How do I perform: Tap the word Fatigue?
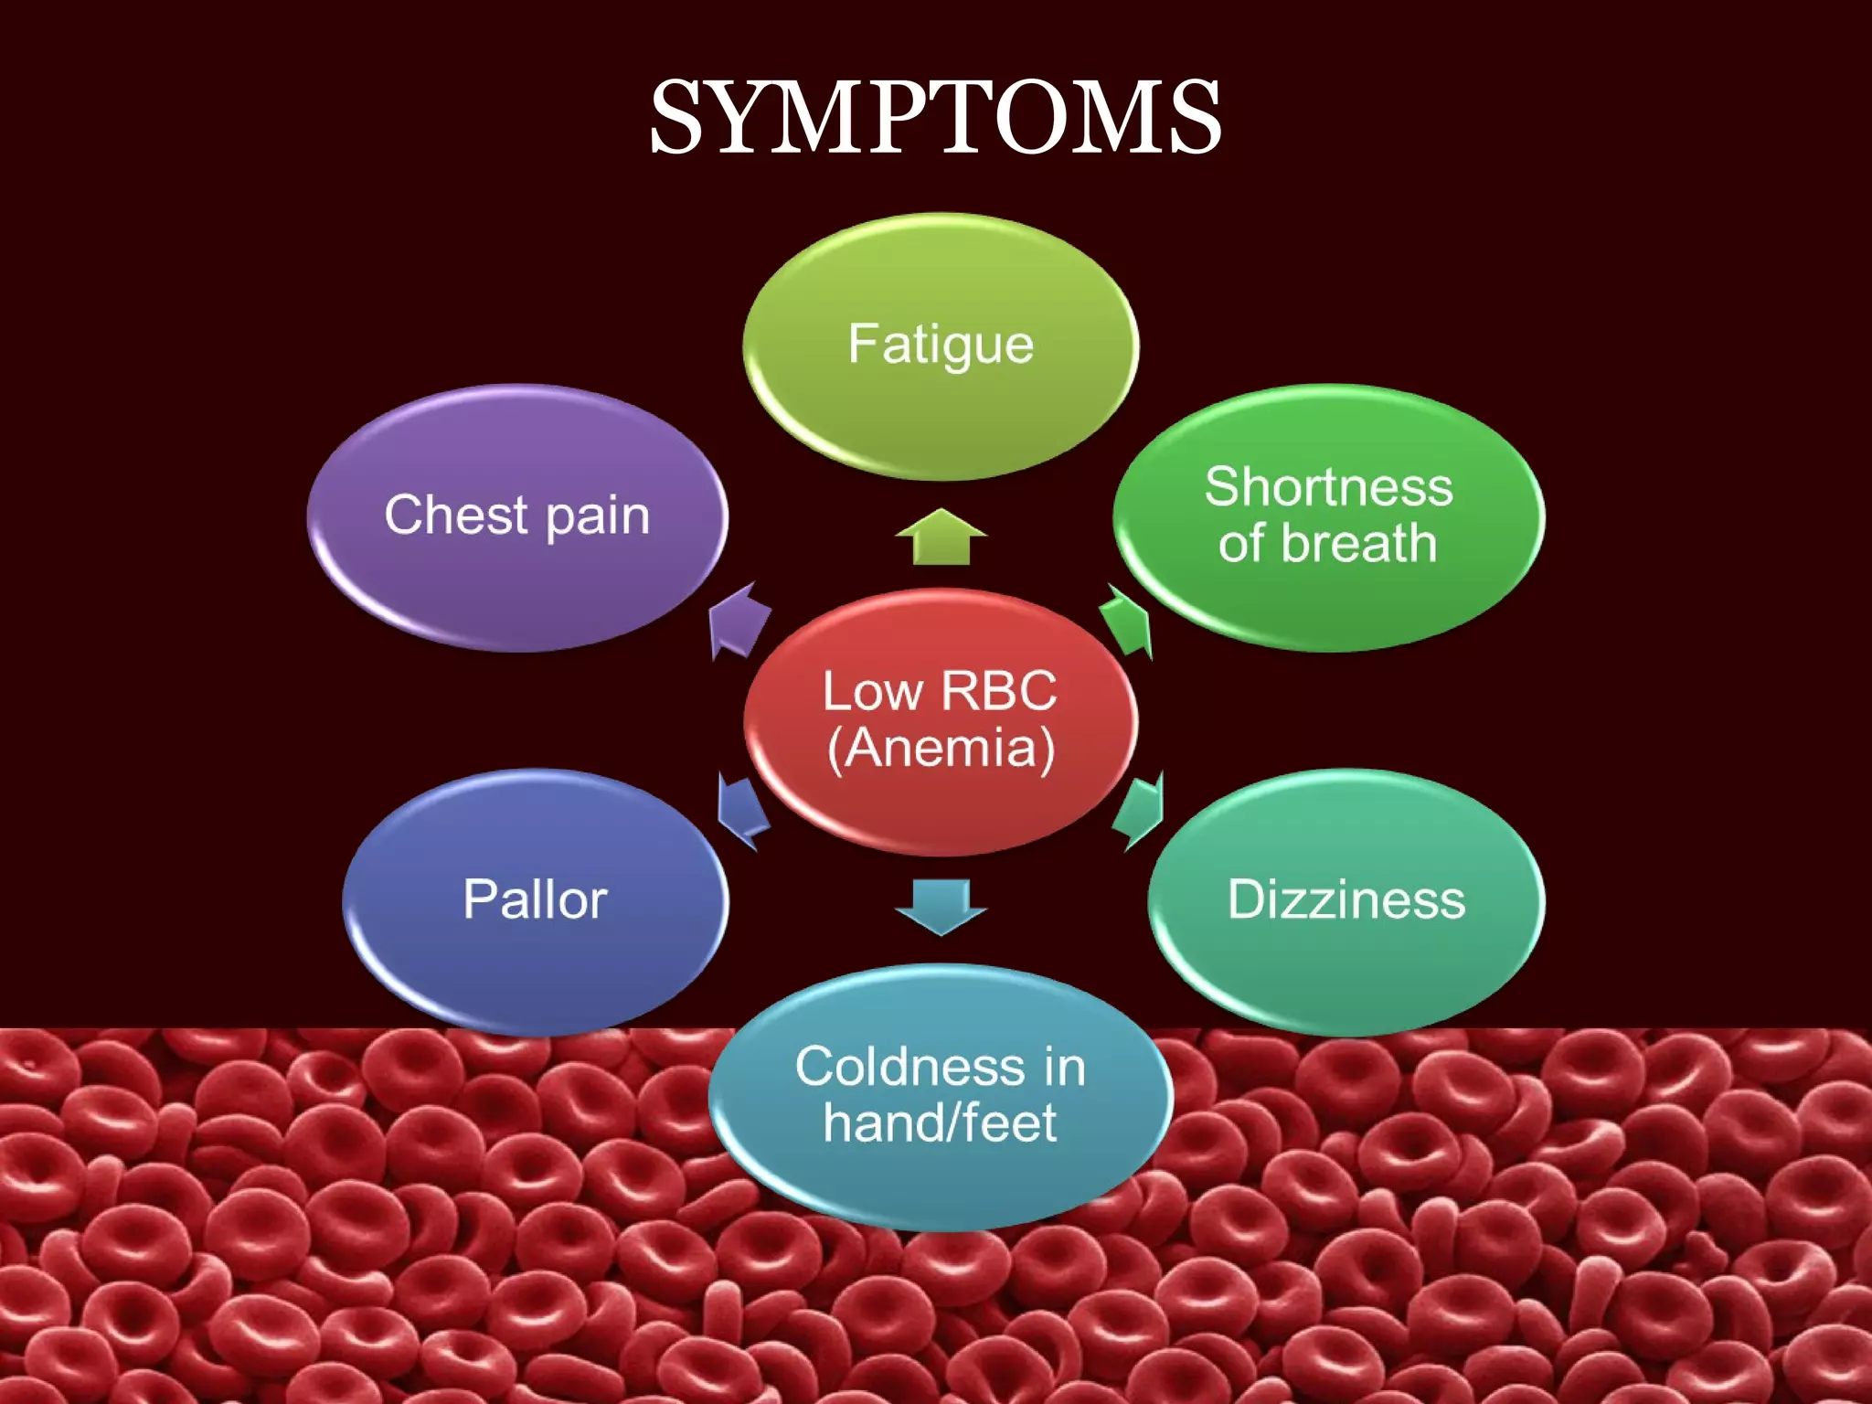click(x=941, y=345)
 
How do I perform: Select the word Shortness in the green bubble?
click(x=1328, y=486)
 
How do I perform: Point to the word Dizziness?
click(x=1345, y=899)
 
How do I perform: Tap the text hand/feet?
click(x=940, y=1123)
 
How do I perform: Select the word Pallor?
click(x=535, y=899)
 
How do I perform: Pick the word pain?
click(x=598, y=517)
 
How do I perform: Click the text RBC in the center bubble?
click(x=998, y=691)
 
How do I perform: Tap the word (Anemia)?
click(x=941, y=749)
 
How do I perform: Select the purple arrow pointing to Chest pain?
click(x=739, y=622)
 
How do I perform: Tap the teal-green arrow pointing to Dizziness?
click(x=1139, y=809)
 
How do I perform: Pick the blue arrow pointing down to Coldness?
click(x=941, y=906)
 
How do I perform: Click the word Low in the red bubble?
click(x=872, y=691)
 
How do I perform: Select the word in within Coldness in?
click(x=1065, y=1067)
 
